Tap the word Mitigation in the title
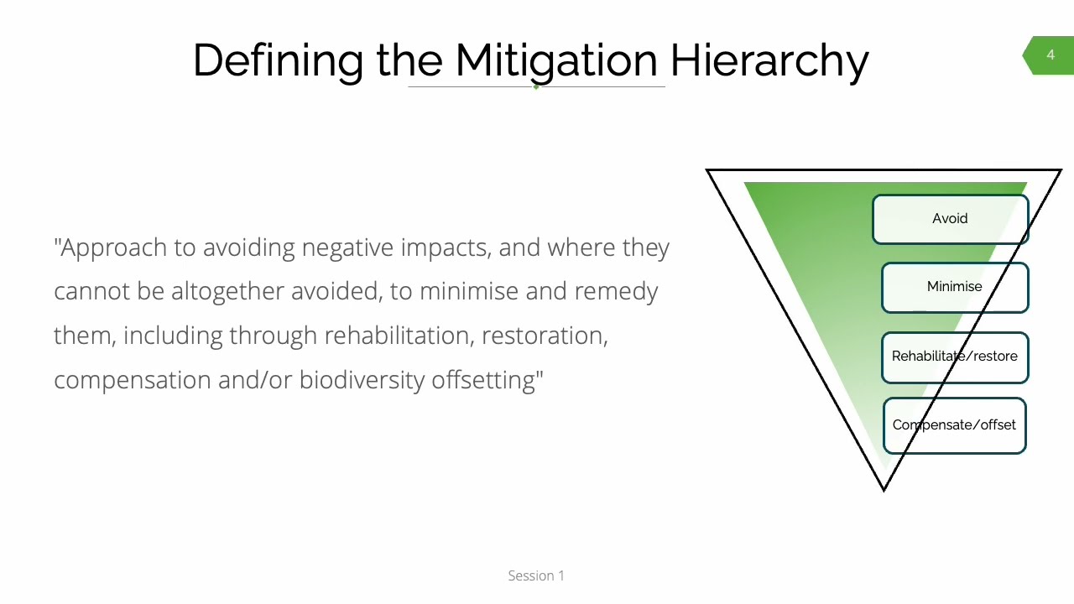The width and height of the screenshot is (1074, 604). click(556, 60)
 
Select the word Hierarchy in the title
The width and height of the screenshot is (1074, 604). click(769, 60)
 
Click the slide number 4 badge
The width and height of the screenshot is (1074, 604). click(1050, 55)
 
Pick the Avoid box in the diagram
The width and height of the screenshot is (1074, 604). click(950, 219)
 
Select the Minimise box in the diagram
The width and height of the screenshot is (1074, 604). click(954, 287)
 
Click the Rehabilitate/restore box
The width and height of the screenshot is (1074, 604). click(954, 357)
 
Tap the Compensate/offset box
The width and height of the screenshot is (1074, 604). click(954, 425)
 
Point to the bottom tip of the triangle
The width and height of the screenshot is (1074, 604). click(884, 489)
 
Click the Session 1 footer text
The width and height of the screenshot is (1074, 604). click(536, 575)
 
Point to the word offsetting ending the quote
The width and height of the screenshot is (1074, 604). click(484, 380)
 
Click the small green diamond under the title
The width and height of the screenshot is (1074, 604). click(536, 86)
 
